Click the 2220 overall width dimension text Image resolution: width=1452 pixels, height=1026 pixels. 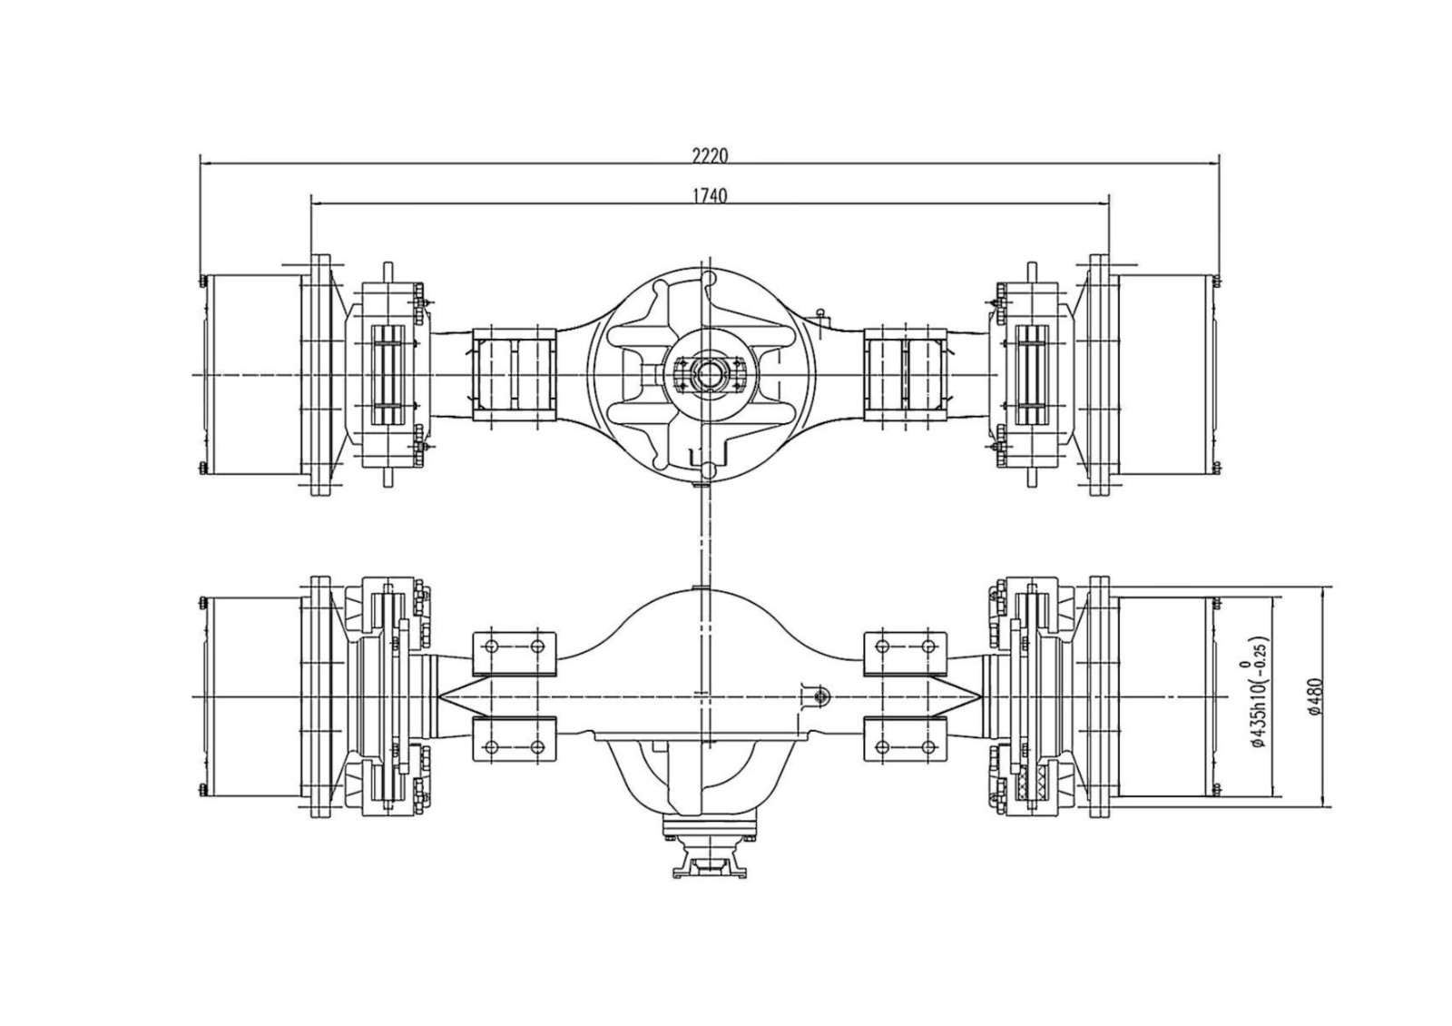710,155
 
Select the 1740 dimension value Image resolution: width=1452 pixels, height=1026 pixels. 710,195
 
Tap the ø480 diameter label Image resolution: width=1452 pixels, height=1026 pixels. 1317,697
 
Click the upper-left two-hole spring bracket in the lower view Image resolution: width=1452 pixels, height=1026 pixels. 515,650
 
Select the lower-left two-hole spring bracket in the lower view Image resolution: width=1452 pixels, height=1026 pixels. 515,741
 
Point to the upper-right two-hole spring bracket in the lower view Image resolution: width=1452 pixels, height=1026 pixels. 905,650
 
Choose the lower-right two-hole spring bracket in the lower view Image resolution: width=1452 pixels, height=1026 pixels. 905,741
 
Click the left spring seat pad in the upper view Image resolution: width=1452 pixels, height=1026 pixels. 514,374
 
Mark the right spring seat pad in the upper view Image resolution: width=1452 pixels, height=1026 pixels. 906,374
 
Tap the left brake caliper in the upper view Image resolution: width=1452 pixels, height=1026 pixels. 392,374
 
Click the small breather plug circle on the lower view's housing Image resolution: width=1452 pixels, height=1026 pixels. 819,696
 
